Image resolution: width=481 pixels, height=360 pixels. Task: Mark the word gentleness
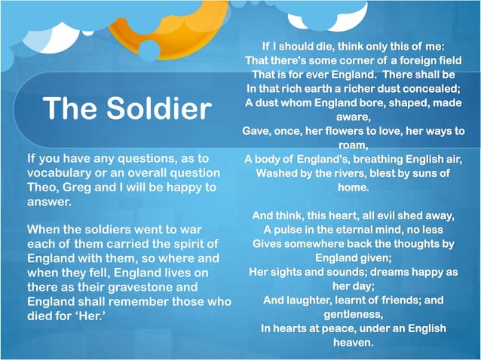(354, 314)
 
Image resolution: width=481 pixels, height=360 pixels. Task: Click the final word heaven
(354, 343)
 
